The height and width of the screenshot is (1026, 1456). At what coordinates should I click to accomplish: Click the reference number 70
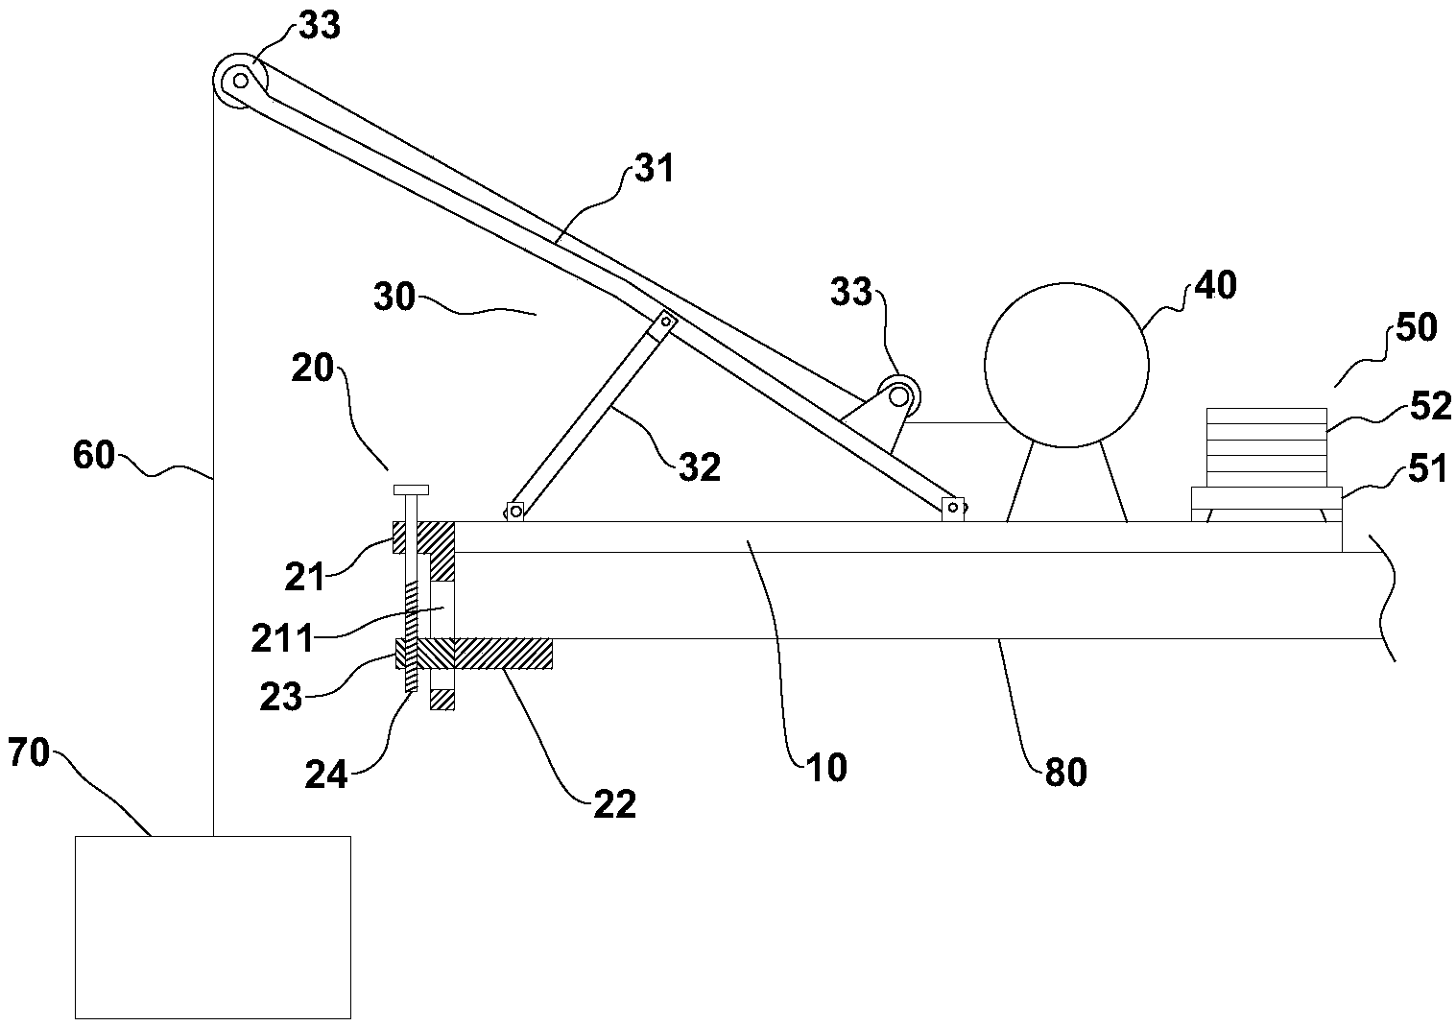[29, 753]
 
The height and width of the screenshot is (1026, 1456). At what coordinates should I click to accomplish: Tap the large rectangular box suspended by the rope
[212, 926]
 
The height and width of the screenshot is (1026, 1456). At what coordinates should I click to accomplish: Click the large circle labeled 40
[1066, 365]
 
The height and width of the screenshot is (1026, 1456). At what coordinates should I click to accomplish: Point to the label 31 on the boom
[654, 170]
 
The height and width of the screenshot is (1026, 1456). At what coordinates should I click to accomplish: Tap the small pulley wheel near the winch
[899, 394]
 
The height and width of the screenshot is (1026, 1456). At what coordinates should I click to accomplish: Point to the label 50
[1416, 328]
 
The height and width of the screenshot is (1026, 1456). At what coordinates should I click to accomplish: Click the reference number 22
[614, 804]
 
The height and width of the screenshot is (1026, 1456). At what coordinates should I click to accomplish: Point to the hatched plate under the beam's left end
[499, 654]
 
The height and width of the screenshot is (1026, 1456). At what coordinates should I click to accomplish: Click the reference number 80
[1063, 772]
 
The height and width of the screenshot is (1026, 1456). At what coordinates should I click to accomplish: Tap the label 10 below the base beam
[826, 768]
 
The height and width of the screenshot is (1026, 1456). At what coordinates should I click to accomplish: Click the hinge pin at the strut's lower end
[515, 512]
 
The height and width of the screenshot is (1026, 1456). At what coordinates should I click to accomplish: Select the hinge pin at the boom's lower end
[953, 506]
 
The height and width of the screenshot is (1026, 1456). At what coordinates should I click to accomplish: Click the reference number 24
[326, 774]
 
